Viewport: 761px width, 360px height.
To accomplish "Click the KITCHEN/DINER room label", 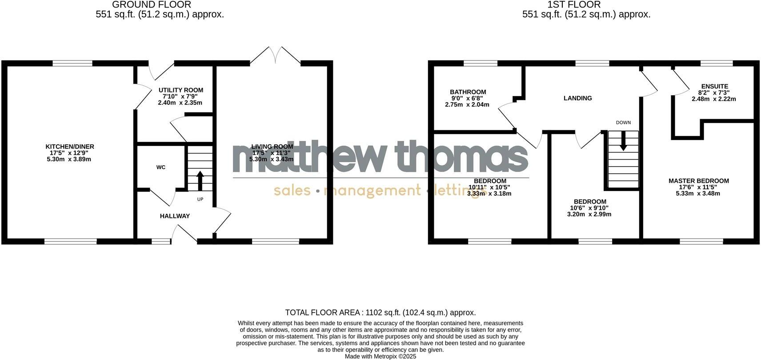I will point(70,147).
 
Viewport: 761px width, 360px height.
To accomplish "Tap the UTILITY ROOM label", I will point(181,90).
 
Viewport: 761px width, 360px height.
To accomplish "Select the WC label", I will point(161,167).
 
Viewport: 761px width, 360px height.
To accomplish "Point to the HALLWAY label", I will point(175,216).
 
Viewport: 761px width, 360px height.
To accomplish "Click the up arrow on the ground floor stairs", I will point(200,180).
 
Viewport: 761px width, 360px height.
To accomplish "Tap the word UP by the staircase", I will point(200,199).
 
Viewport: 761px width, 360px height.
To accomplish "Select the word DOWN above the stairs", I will point(623,123).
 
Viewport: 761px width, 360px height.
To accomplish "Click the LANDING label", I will point(578,98).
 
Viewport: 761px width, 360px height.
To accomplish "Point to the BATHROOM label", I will point(468,92).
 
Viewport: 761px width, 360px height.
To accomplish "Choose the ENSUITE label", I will point(715,86).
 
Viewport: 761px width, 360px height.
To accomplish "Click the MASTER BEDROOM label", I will point(699,181).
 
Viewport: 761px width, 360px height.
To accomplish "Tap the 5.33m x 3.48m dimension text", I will point(698,193).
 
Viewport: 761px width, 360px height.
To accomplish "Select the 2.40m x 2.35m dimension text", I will point(180,103).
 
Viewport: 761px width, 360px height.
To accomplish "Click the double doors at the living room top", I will point(276,56).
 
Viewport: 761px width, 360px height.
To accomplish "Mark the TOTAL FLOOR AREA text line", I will point(380,312).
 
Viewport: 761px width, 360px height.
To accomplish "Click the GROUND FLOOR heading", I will point(152,5).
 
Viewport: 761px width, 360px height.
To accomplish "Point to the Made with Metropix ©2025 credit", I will point(380,356).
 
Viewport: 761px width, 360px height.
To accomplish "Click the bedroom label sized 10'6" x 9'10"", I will point(589,202).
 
